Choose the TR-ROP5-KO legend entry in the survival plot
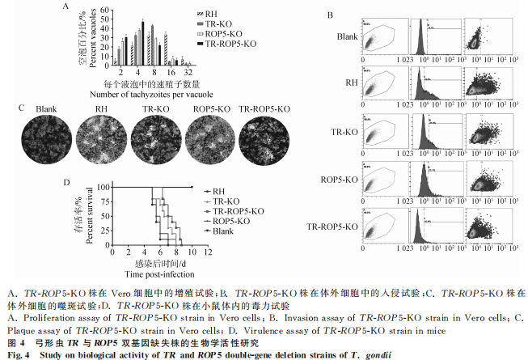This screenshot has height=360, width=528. click(x=235, y=210)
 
